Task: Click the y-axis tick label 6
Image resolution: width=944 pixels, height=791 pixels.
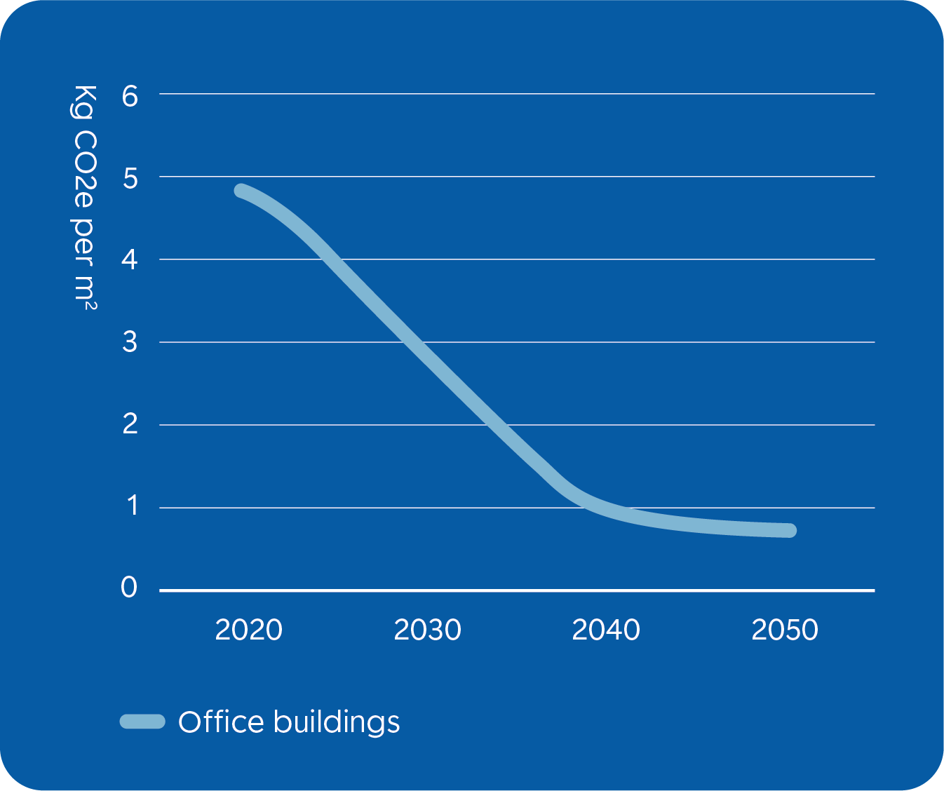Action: pos(130,95)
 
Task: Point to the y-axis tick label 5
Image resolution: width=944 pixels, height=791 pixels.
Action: pos(130,178)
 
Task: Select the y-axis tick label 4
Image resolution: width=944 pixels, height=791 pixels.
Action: pos(130,261)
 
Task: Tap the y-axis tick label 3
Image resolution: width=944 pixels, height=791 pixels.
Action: pos(130,343)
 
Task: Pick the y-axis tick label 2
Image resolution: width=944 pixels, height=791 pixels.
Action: pos(130,424)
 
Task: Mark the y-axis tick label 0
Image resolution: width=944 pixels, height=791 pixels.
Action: pos(129,588)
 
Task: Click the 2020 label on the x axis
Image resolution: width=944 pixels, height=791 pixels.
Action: pos(248,630)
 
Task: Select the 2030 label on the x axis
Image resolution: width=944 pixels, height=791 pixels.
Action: pos(427,630)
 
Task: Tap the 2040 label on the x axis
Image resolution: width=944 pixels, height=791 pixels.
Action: pos(606,630)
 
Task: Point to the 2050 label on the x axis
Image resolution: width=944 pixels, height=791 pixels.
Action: pos(785,630)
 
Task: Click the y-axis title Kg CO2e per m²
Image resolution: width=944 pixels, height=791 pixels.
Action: pos(84,197)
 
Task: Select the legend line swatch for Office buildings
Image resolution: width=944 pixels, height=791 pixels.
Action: pos(142,722)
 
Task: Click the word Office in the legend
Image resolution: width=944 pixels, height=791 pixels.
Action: pos(221,722)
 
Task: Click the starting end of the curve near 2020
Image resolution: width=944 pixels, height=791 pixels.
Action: pos(241,191)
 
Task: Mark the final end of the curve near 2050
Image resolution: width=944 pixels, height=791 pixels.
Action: pos(790,530)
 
